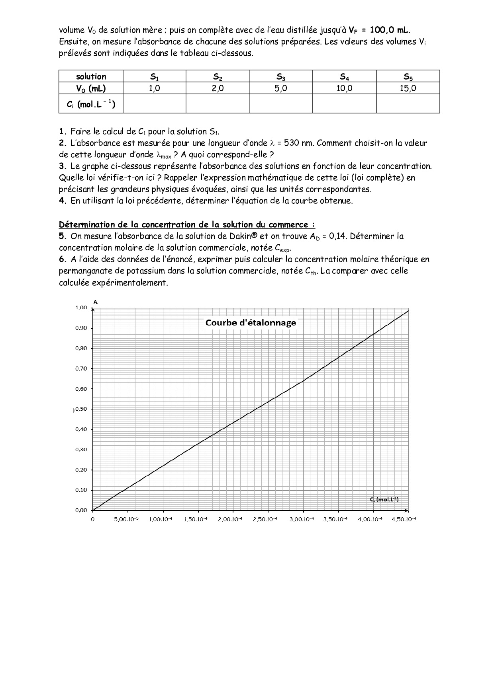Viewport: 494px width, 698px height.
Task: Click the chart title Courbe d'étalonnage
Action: (x=251, y=323)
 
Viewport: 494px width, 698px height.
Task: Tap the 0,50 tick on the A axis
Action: (x=81, y=409)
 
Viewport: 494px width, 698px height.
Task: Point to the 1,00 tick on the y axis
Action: (x=81, y=308)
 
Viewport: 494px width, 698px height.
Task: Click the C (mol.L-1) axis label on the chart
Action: (x=384, y=500)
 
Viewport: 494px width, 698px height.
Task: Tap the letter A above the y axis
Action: (x=96, y=302)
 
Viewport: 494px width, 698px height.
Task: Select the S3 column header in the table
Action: (x=280, y=76)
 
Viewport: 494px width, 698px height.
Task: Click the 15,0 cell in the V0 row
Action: (x=408, y=88)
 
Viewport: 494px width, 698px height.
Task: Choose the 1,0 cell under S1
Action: (x=154, y=88)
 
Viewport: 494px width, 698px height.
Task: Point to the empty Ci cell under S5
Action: (x=408, y=104)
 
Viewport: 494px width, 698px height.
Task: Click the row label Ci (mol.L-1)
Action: (x=91, y=104)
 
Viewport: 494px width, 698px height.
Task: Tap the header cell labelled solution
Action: (x=91, y=76)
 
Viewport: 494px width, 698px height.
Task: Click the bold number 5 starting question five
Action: (x=62, y=236)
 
